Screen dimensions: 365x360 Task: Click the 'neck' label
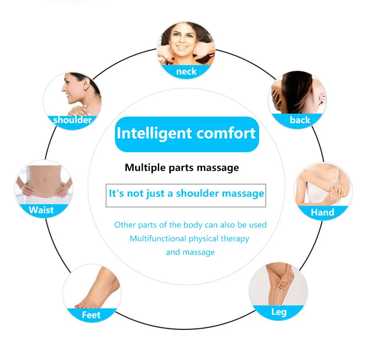[x=186, y=72]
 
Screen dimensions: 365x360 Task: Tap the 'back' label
[x=300, y=120]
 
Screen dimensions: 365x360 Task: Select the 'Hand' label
[x=322, y=212]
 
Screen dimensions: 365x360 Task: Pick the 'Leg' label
[x=279, y=312]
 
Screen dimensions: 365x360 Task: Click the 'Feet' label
[x=91, y=315]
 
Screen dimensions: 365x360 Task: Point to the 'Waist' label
[x=41, y=210]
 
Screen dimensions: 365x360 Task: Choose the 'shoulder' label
[x=72, y=120]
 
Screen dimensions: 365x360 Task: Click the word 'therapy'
[x=234, y=238]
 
